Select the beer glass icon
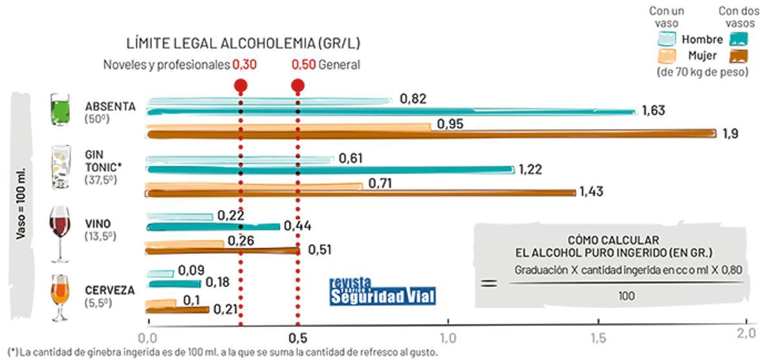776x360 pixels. [59, 297]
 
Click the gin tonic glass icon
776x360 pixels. [60, 167]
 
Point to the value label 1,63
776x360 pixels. [653, 111]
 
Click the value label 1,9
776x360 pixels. [731, 134]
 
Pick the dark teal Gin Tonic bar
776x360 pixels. [330, 170]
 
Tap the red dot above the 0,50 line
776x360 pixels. [297, 85]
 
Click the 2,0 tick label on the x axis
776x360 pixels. [747, 334]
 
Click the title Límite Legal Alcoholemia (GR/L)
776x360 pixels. [243, 43]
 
